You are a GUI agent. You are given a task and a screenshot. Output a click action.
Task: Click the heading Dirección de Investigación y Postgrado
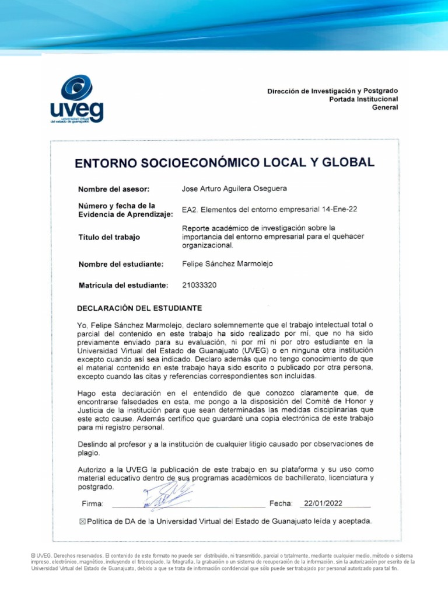tap(332, 91)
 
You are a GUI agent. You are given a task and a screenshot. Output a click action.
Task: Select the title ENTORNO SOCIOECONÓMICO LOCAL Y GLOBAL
tap(225, 163)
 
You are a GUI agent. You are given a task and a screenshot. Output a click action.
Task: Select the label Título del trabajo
tap(109, 237)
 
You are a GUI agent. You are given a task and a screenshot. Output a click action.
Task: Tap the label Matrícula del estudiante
tap(123, 285)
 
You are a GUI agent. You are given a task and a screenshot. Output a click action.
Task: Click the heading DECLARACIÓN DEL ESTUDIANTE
tap(140, 307)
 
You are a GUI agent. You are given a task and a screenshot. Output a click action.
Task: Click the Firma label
tap(93, 504)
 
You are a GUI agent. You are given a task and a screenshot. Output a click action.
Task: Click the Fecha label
tap(281, 503)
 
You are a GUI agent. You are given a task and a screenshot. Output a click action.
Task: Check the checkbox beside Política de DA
tap(82, 521)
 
